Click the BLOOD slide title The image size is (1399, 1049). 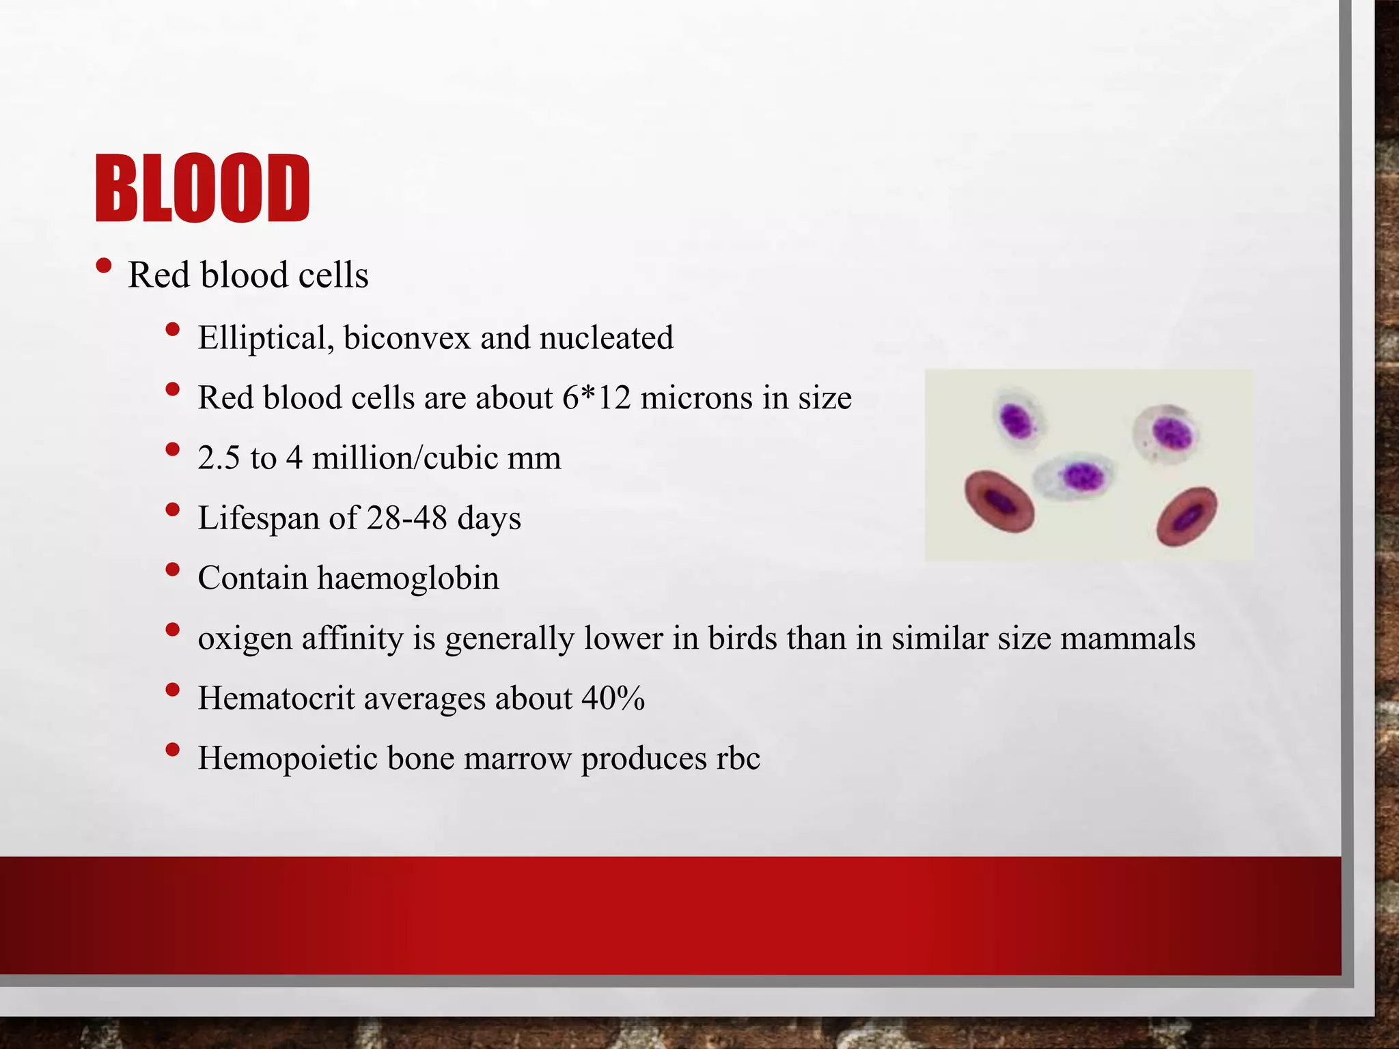coord(202,188)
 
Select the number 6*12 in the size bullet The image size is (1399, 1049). coord(596,397)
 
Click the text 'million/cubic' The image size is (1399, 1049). coord(405,458)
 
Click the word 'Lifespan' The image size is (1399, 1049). coord(259,518)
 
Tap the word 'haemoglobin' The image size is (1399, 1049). coord(408,578)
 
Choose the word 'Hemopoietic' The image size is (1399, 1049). coord(287,758)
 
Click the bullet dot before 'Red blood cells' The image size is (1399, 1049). coord(103,266)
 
